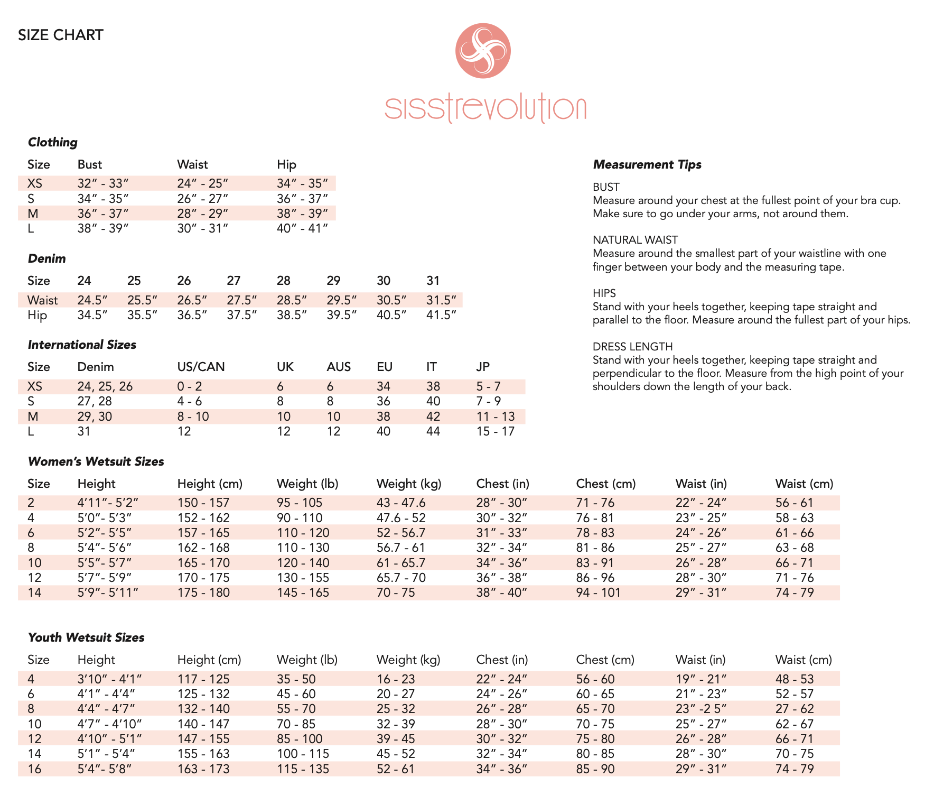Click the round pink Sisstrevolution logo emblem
483,51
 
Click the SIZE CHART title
61,35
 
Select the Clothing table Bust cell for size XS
103,183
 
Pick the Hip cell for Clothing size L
302,228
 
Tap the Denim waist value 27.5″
241,300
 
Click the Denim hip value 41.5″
441,316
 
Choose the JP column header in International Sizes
483,367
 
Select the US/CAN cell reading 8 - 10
193,416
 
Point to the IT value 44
433,431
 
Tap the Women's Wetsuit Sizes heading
96,461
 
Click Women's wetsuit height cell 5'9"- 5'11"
108,593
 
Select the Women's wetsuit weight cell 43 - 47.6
401,503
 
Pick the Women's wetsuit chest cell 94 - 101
598,593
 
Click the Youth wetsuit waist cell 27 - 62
795,709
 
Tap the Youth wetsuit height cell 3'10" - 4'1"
109,679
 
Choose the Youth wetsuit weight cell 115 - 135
303,769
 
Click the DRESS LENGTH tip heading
632,347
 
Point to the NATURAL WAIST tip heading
635,240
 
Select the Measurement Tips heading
647,164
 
